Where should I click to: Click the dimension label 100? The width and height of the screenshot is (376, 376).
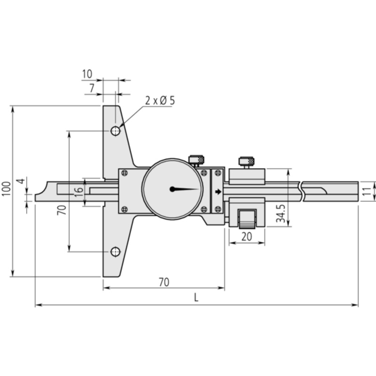click(7, 189)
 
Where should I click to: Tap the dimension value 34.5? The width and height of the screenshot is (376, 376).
click(281, 214)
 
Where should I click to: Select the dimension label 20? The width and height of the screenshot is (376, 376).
click(247, 237)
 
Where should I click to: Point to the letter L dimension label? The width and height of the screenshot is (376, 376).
click(196, 298)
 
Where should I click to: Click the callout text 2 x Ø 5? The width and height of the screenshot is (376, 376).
click(160, 101)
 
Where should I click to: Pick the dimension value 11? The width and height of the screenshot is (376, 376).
click(367, 191)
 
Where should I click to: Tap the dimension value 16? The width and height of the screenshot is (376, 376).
click(79, 192)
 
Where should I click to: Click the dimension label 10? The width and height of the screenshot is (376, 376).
click(87, 74)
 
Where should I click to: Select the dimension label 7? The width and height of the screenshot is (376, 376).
click(92, 88)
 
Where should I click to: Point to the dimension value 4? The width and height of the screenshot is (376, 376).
click(22, 181)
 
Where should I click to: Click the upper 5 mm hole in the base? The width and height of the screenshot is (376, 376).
click(115, 131)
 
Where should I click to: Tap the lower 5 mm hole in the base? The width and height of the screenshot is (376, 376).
click(115, 252)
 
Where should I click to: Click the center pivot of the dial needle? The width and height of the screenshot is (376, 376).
click(172, 189)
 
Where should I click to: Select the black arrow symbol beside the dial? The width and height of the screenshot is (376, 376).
click(218, 192)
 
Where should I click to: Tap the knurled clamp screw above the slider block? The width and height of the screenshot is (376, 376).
click(246, 161)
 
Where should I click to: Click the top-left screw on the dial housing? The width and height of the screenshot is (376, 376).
click(125, 173)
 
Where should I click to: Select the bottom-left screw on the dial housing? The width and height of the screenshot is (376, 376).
click(125, 209)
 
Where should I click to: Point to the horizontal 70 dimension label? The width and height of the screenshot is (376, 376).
click(164, 282)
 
